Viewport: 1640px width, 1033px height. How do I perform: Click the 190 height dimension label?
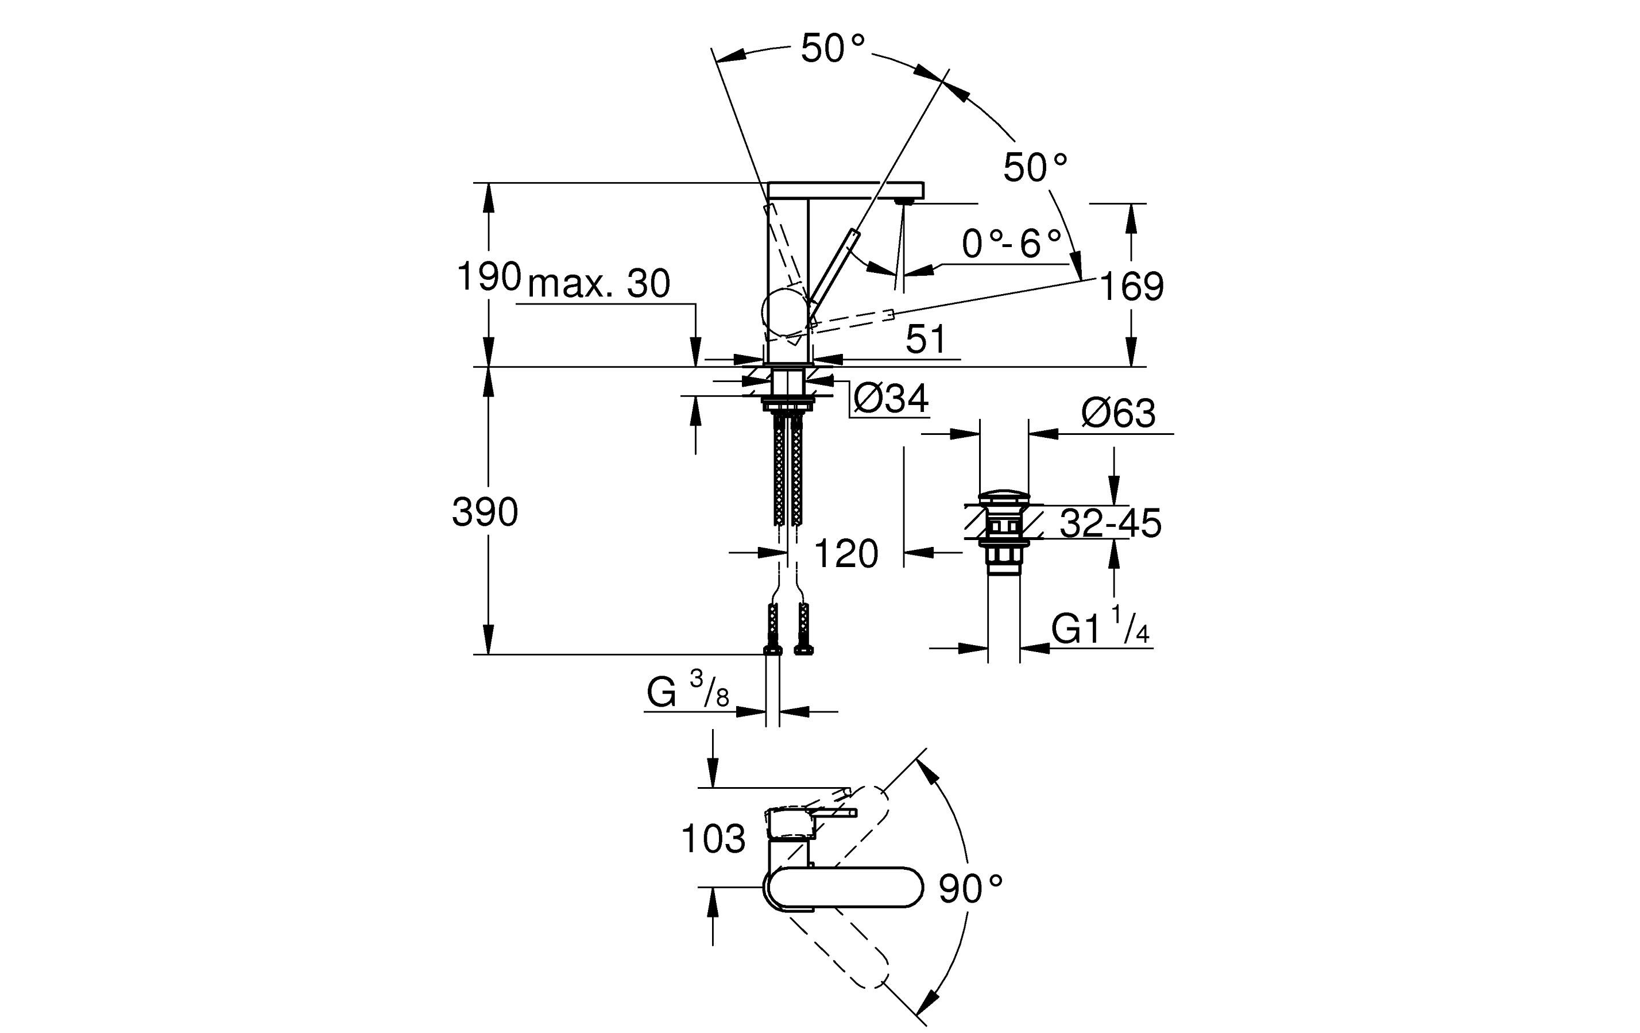(488, 277)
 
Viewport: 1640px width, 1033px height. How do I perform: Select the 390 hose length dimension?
(485, 512)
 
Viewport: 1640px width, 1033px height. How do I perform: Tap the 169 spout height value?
(1131, 286)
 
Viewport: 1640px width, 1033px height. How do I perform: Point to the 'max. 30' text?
(599, 283)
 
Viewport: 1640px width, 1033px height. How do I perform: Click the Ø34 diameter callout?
(890, 398)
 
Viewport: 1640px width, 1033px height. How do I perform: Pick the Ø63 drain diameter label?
(1118, 413)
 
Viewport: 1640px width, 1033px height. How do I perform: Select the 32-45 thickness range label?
(1110, 523)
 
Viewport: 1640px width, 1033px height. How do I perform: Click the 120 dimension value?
(846, 553)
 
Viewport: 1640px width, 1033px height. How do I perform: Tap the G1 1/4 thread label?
(1100, 625)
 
